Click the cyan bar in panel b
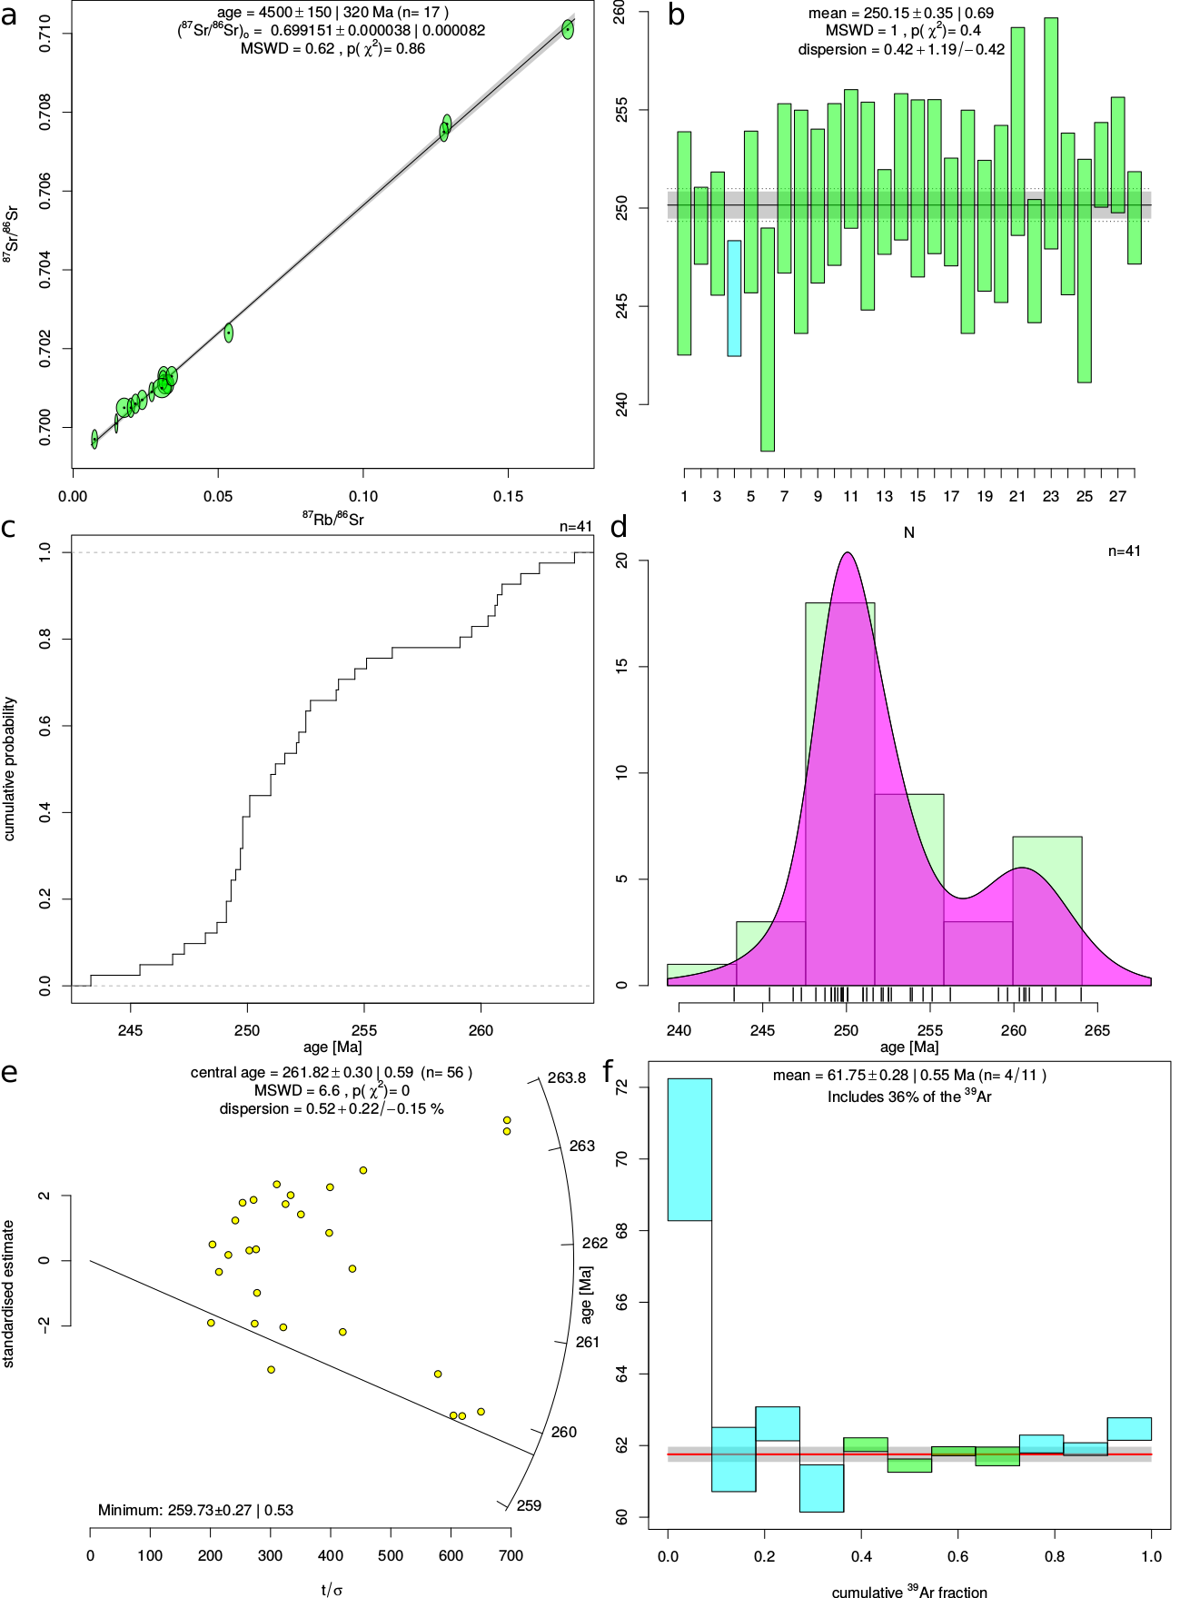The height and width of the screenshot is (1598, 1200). [x=734, y=298]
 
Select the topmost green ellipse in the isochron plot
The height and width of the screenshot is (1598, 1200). [x=568, y=29]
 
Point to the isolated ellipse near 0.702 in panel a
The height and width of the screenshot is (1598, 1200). [x=229, y=333]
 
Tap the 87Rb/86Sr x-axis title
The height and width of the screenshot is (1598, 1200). [x=332, y=519]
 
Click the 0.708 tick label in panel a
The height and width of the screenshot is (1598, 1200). [x=45, y=113]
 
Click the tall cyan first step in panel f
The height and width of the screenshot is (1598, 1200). [x=689, y=1149]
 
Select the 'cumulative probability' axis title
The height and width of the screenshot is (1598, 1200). [x=10, y=769]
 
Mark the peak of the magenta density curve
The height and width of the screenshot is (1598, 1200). [x=847, y=553]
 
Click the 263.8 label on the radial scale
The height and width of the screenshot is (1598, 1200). [x=567, y=1078]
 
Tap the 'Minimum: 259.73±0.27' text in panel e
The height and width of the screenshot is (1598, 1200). [x=195, y=1510]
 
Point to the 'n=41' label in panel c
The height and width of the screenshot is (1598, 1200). [x=576, y=527]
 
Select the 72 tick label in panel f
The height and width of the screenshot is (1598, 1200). [x=621, y=1087]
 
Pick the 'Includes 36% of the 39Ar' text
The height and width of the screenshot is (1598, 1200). [x=908, y=1097]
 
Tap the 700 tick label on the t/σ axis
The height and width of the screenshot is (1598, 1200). [x=511, y=1555]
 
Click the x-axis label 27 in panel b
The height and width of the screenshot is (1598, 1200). [x=1117, y=496]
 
